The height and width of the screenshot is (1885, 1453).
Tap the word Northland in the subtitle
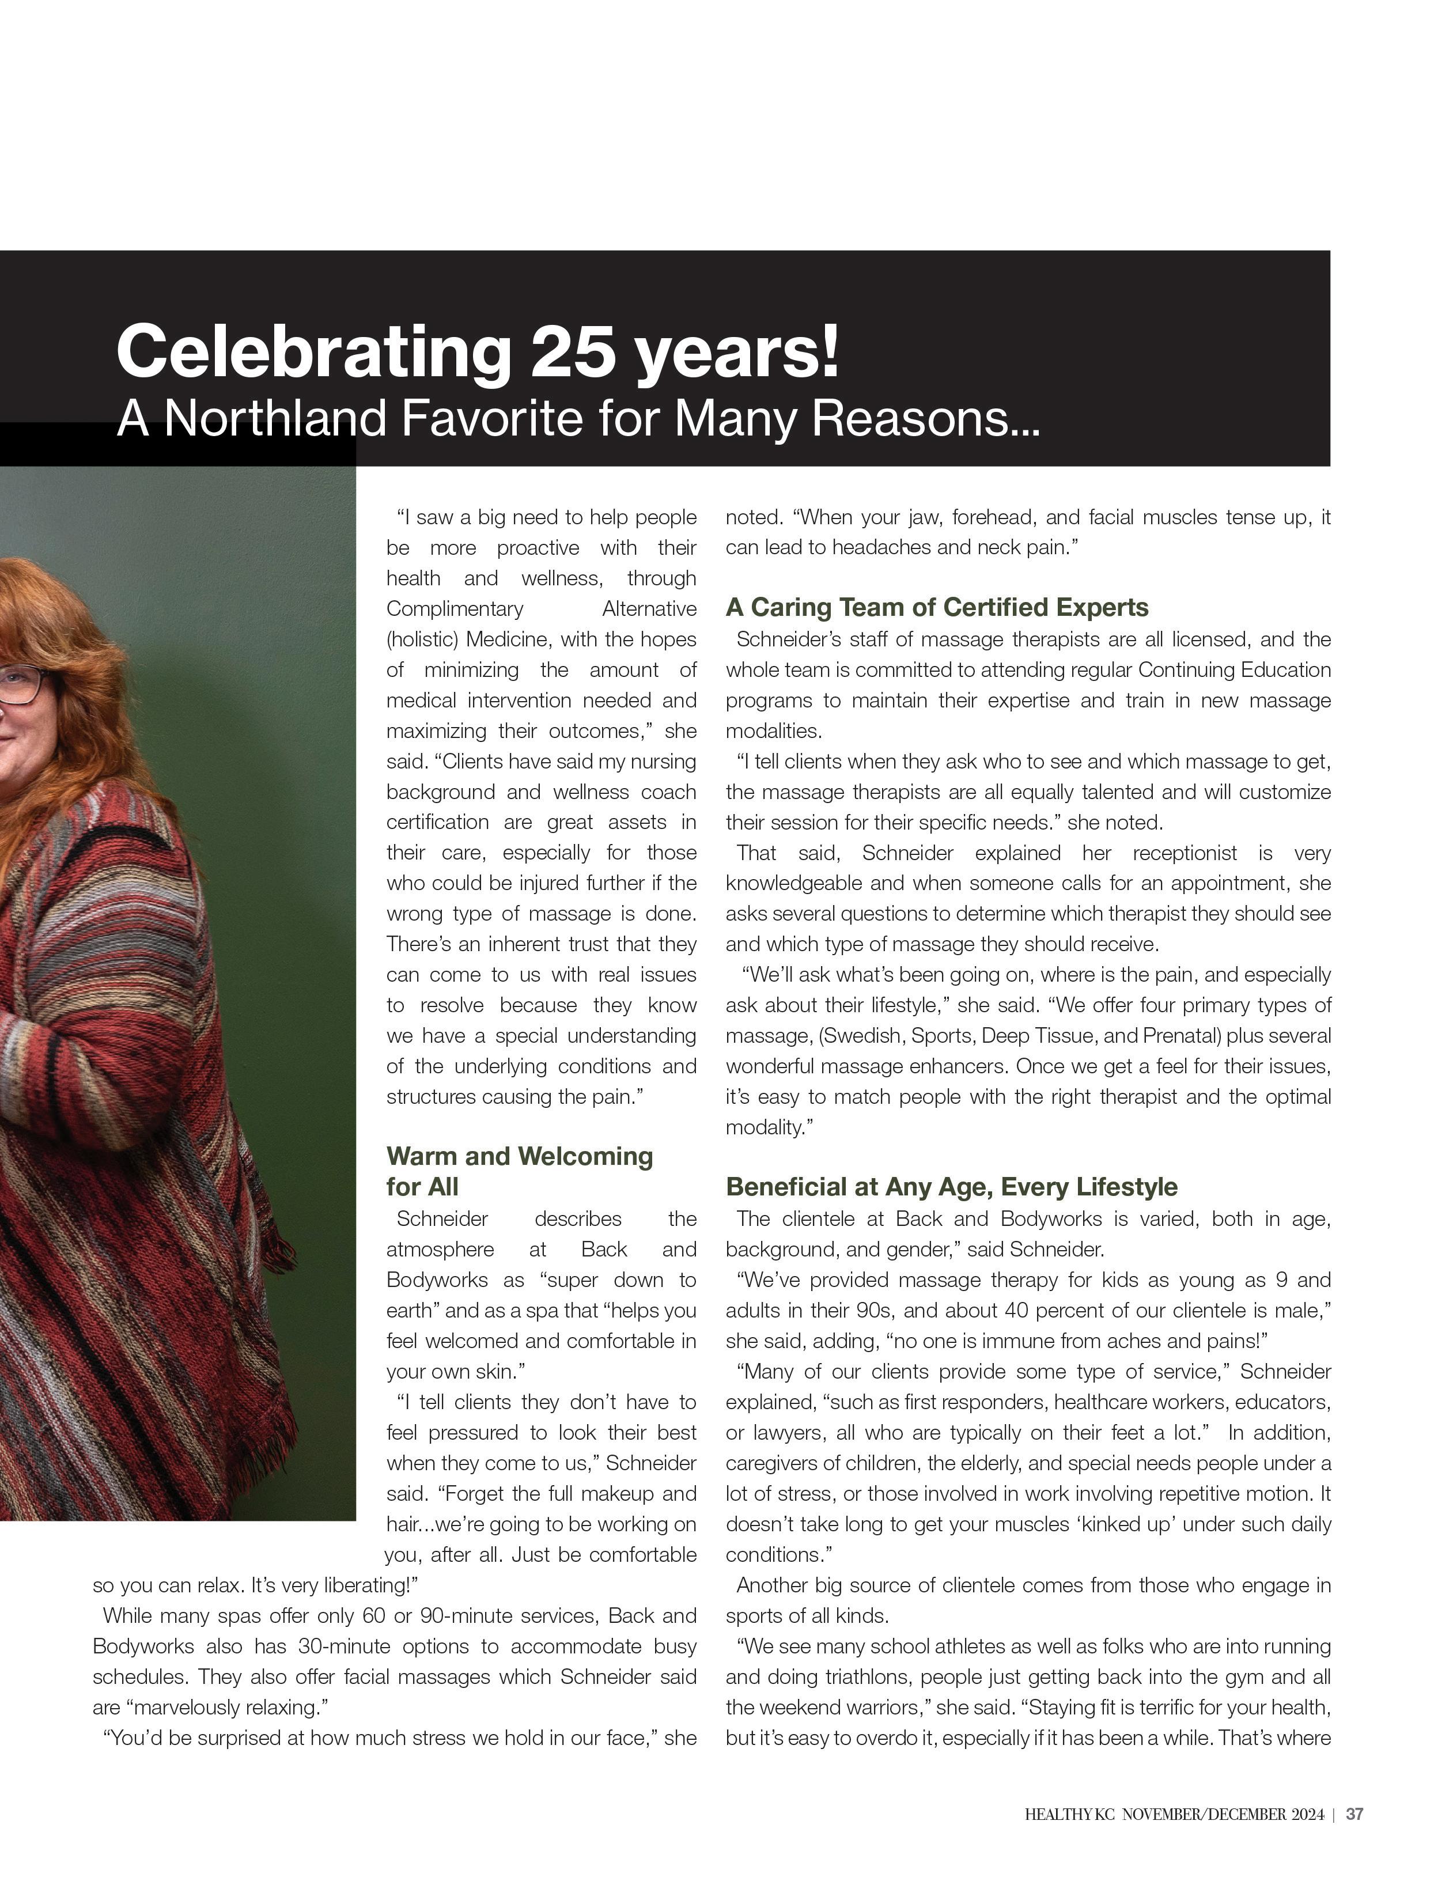point(275,419)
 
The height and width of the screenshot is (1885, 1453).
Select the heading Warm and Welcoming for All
point(519,1171)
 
